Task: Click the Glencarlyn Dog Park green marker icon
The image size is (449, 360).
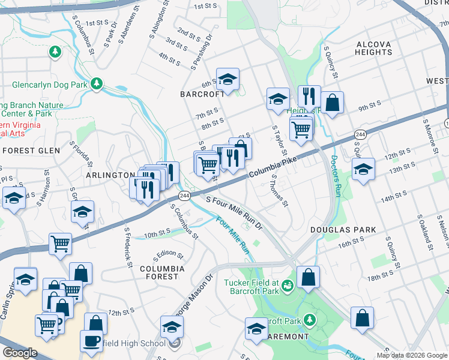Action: coord(97,84)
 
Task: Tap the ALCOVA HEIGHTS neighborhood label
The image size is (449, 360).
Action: coord(373,49)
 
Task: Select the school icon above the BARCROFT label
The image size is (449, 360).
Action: coord(228,79)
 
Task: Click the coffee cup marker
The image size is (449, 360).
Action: coord(92,340)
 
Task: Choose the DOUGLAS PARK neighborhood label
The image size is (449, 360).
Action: coord(343,230)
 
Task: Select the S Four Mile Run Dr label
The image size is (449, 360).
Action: coord(235,212)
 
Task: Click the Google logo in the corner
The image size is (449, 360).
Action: coord(20,353)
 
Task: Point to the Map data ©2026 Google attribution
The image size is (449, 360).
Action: coord(412,355)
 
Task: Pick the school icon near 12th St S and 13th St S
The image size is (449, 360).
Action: coord(363,169)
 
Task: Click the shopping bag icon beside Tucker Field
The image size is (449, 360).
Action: coord(308,277)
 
